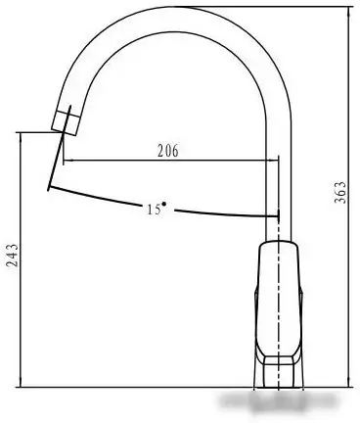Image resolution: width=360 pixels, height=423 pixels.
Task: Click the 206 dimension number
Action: (168, 151)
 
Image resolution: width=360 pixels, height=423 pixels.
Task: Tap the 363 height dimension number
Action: (340, 192)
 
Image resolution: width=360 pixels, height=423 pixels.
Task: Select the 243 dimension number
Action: (13, 256)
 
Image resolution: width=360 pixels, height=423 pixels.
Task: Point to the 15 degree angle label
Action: (154, 210)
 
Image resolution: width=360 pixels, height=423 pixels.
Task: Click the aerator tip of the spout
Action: (66, 123)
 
